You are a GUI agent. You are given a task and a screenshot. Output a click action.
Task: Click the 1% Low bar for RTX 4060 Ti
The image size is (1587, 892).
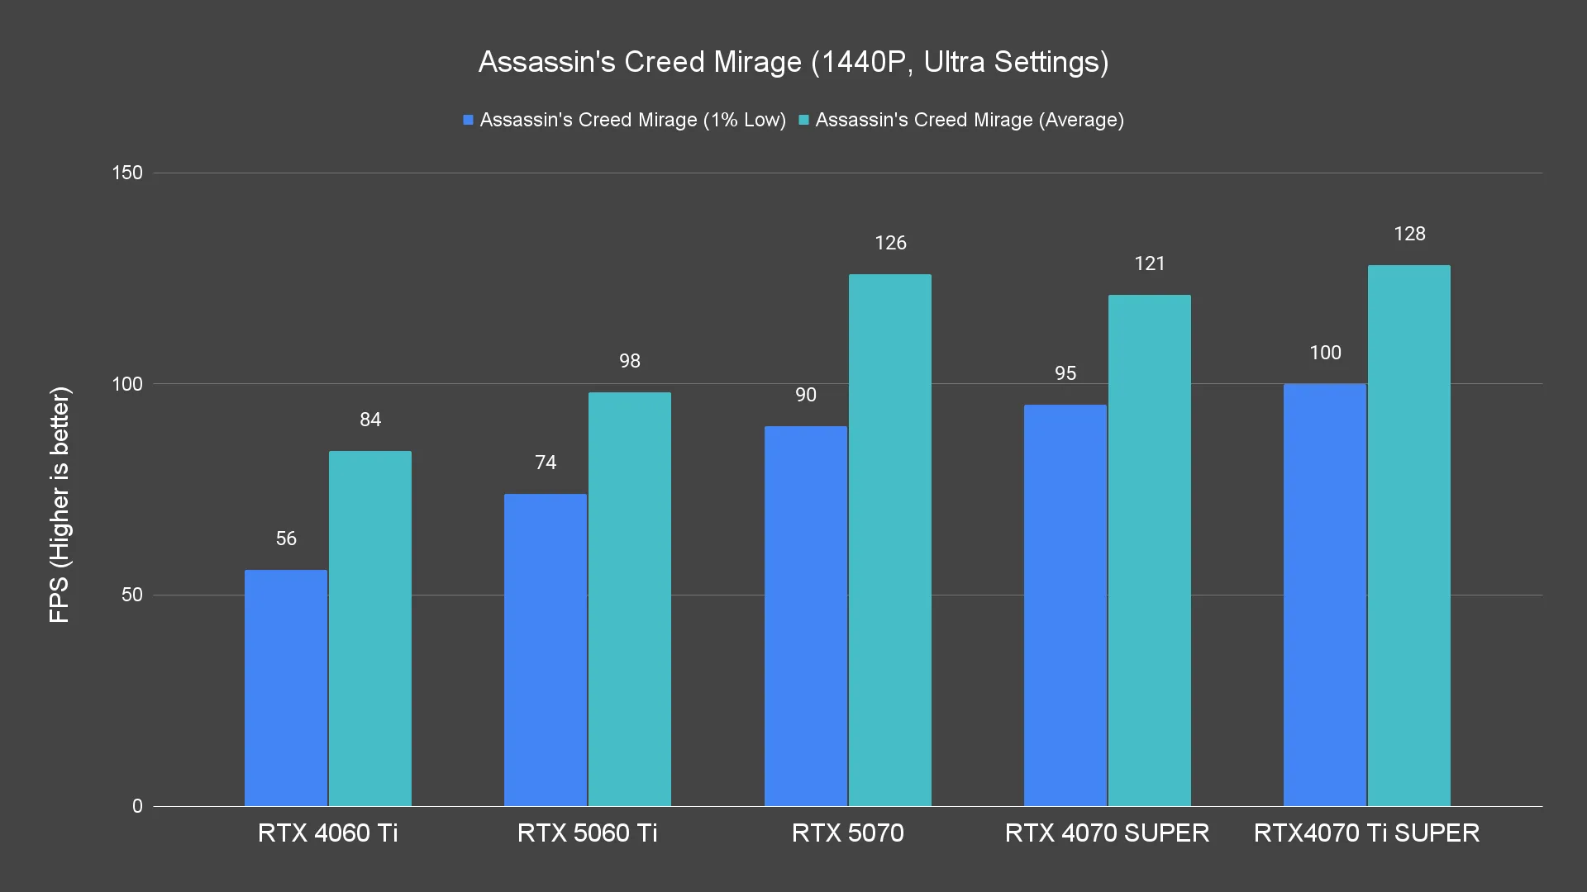[286, 687]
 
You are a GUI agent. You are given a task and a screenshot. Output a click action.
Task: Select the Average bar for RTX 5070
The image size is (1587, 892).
[889, 540]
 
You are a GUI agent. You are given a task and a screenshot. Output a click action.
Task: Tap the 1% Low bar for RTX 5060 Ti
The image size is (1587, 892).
[546, 649]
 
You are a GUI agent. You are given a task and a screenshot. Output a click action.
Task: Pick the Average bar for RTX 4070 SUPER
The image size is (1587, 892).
[1149, 550]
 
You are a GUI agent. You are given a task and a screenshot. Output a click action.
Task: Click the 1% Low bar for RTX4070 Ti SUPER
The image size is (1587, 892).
[1324, 595]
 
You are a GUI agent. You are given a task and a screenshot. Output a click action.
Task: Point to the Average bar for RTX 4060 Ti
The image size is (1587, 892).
[370, 628]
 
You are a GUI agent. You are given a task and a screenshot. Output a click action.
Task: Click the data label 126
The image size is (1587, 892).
[890, 243]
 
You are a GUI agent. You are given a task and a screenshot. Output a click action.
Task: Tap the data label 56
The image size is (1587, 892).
[286, 539]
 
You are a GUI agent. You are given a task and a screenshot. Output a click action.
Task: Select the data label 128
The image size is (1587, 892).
[1409, 234]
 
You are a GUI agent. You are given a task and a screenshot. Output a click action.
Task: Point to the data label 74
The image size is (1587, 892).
[546, 463]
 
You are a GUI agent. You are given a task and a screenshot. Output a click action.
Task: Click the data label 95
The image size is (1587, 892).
[1065, 373]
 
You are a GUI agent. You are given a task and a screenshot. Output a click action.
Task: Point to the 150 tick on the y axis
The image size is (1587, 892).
[127, 173]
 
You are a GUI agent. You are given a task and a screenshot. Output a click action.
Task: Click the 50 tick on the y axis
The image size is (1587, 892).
[132, 595]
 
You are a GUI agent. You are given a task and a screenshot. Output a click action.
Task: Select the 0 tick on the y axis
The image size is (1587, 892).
[137, 806]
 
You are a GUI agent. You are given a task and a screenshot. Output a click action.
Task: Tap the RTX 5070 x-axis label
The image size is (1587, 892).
[847, 833]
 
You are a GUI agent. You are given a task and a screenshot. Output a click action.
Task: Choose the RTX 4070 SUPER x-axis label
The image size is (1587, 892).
[1107, 833]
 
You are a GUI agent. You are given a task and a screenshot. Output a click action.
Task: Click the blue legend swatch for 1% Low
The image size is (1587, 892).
[468, 120]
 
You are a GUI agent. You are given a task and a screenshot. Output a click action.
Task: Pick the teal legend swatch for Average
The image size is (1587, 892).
[803, 120]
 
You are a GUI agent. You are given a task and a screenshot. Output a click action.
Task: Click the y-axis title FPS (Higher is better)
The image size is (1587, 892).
[60, 504]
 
